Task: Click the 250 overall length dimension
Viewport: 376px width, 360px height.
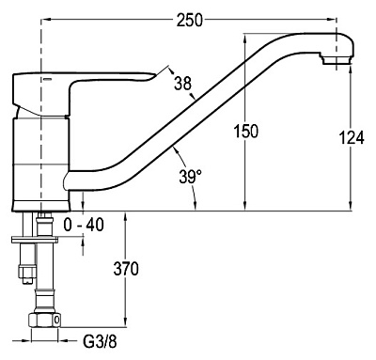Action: click(190, 20)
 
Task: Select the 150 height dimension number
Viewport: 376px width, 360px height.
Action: click(246, 131)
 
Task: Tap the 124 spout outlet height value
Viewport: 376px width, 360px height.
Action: click(352, 137)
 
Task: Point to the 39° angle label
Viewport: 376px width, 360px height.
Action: click(191, 177)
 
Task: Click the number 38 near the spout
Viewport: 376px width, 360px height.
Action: click(183, 84)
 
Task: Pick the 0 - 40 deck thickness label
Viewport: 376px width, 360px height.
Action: click(84, 225)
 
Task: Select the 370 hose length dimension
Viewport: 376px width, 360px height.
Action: click(126, 269)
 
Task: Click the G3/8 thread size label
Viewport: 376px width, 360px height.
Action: click(100, 341)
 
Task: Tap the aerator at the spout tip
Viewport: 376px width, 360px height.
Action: click(337, 59)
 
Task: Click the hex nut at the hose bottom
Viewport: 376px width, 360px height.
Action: click(44, 320)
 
